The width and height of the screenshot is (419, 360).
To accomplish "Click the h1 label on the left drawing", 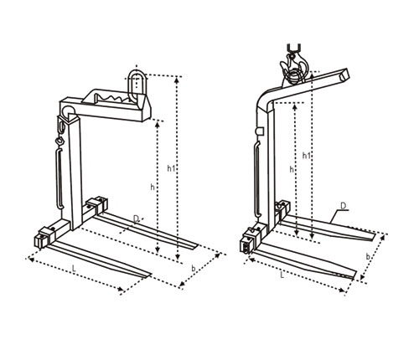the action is point(171,168).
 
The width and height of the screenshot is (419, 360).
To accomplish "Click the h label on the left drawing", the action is point(153,188).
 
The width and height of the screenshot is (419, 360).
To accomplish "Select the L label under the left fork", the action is point(74,269).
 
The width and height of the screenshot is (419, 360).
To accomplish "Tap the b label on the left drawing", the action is point(194,269).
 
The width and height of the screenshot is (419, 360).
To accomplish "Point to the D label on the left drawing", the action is point(136,219).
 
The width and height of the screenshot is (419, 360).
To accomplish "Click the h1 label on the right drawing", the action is point(307,156).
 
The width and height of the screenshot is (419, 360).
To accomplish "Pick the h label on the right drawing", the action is point(292,169).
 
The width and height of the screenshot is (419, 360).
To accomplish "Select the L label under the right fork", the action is point(282,275).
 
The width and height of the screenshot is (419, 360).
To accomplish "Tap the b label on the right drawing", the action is point(368,256).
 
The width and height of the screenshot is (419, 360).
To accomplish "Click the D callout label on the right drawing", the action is point(344,206).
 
